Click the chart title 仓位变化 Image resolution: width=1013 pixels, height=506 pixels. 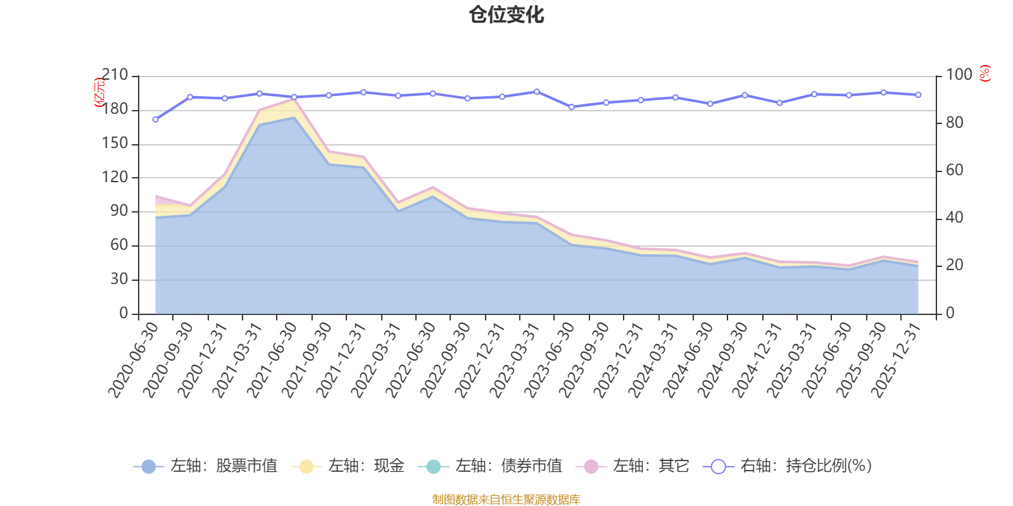tap(507, 15)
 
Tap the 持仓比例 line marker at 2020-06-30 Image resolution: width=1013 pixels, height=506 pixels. tap(155, 119)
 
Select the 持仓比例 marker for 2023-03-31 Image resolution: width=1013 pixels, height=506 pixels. tap(537, 92)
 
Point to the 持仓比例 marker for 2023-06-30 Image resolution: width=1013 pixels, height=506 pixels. tap(572, 107)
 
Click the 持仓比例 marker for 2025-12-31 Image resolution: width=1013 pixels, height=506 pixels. tap(919, 95)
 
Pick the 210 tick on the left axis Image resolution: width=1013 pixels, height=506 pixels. tap(115, 75)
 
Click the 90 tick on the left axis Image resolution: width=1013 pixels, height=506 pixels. tap(119, 211)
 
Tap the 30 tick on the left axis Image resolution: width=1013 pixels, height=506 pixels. tap(119, 280)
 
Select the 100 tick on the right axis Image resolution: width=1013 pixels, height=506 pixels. tap(959, 75)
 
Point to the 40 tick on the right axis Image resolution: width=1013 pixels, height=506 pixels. tap(954, 218)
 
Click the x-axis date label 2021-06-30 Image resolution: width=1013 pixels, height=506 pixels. tap(272, 359)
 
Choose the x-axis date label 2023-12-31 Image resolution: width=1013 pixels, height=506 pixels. tap(619, 359)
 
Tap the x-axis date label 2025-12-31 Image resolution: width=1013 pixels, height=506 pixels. tap(896, 359)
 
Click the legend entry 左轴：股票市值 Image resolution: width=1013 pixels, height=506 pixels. tap(206, 466)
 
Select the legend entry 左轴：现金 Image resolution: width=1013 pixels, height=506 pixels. tap(348, 466)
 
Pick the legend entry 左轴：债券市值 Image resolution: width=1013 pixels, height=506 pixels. tap(491, 466)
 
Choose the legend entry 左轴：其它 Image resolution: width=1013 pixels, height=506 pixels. tap(633, 466)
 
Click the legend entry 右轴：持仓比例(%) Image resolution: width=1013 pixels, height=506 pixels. tap(788, 466)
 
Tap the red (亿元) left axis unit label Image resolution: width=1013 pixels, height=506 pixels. tap(99, 92)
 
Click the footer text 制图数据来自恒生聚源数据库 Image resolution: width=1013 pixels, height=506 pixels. tap(507, 500)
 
